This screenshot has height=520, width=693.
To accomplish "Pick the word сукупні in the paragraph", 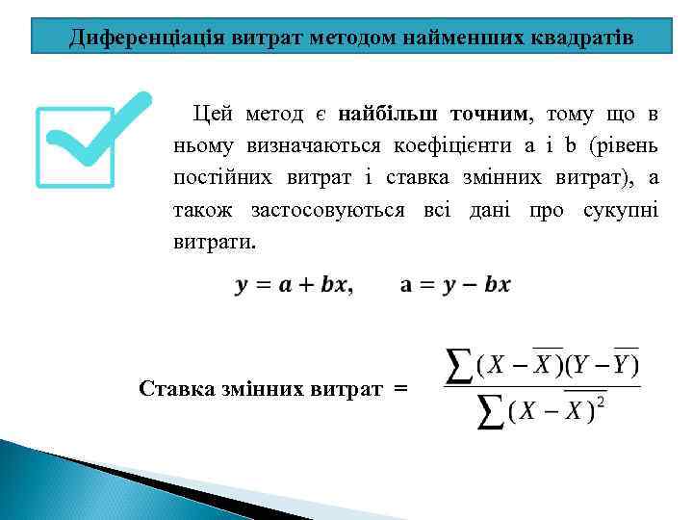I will [x=621, y=210].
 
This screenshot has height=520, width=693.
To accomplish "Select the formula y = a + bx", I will [x=293, y=285].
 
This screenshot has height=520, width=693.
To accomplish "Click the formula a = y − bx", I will [x=454, y=285].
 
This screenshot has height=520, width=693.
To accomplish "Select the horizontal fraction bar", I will [x=542, y=387].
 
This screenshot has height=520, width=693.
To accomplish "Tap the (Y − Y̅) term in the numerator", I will [x=601, y=365].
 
